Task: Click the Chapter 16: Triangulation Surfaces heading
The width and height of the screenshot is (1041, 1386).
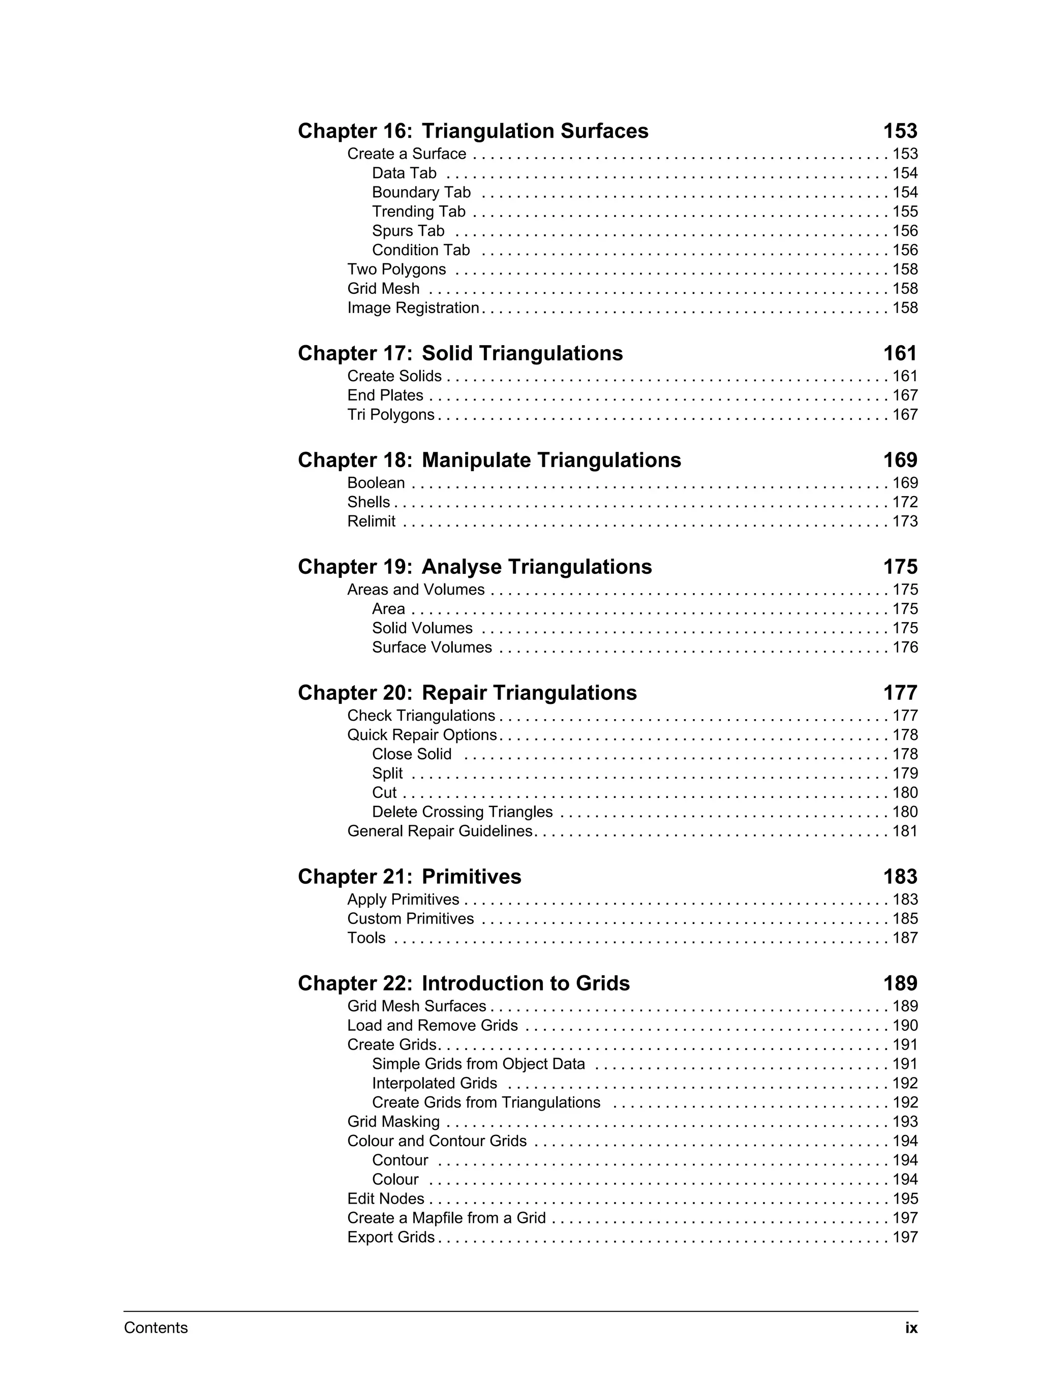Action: point(473,131)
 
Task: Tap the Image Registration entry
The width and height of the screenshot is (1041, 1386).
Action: point(413,307)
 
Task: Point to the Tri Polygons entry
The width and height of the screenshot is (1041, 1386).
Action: point(390,415)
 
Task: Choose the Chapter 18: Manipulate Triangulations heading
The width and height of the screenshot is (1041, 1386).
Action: point(489,460)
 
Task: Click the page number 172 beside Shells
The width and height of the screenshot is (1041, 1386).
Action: point(904,502)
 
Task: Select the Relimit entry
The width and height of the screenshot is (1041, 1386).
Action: point(371,521)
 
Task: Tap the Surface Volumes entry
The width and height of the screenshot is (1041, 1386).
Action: point(432,648)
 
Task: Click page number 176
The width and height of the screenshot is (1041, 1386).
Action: point(904,648)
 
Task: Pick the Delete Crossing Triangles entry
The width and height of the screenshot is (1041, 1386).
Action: point(462,812)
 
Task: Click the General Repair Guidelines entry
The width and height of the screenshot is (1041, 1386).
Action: point(439,831)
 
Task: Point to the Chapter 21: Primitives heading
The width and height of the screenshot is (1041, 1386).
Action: point(409,877)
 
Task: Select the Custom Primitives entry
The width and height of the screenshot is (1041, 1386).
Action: point(411,918)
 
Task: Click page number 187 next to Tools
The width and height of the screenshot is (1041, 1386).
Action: point(904,938)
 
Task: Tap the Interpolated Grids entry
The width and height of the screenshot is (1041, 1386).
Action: point(434,1084)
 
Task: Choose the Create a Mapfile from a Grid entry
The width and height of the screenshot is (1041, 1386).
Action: point(446,1218)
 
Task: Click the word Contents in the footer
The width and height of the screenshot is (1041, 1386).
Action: point(156,1328)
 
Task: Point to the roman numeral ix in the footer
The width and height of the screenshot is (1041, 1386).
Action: point(911,1328)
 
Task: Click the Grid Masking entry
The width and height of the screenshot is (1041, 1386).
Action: point(393,1122)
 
